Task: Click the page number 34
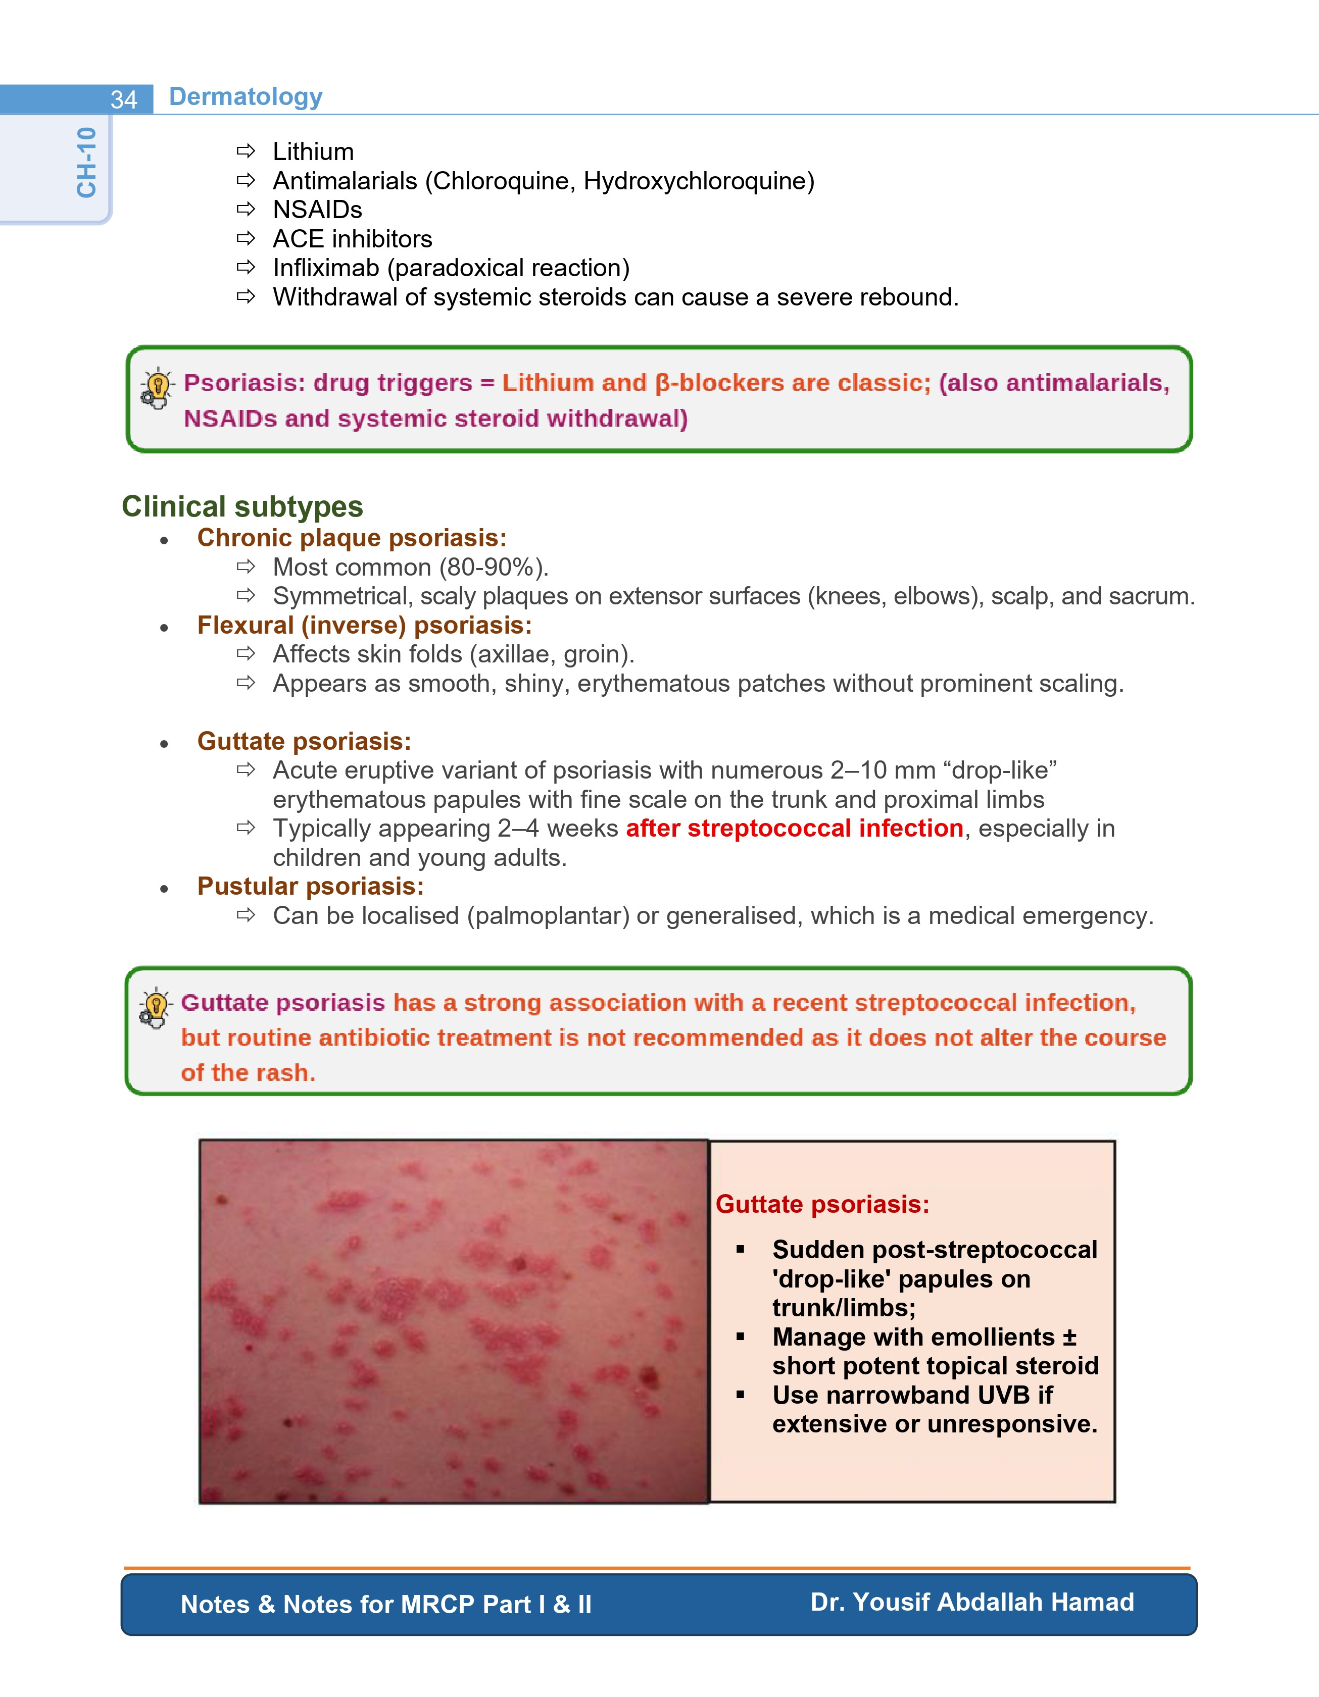pos(124,99)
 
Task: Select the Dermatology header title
pos(246,96)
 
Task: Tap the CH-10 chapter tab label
pos(86,163)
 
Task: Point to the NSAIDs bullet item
pos(317,210)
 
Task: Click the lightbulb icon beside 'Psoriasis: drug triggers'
pos(157,388)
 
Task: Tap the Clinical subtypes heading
pos(242,506)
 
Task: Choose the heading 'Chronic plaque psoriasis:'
pos(352,538)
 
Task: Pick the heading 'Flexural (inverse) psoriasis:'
pos(365,626)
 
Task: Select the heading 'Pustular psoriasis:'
pos(311,887)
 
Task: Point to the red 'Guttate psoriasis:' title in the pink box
pos(822,1204)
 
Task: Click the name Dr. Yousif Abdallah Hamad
pos(972,1602)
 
